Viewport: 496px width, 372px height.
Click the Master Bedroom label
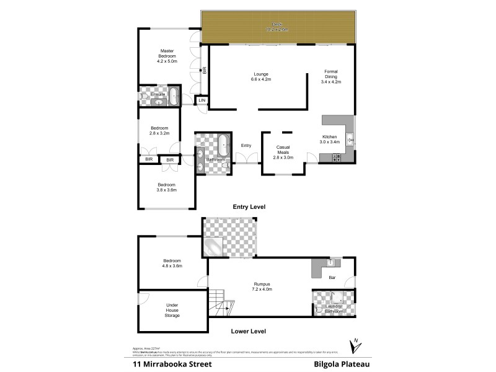(167, 56)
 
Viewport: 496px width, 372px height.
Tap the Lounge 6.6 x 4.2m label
(260, 76)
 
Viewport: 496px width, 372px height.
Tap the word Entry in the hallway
(246, 146)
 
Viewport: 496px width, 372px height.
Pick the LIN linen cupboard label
(201, 100)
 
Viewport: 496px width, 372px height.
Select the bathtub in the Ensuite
(174, 97)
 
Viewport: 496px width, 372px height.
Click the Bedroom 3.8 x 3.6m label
(167, 187)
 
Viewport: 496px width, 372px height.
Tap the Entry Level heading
(249, 207)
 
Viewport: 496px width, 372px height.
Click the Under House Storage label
(172, 310)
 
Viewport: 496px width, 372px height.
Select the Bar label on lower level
(332, 278)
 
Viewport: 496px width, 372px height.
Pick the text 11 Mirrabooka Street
(172, 365)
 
